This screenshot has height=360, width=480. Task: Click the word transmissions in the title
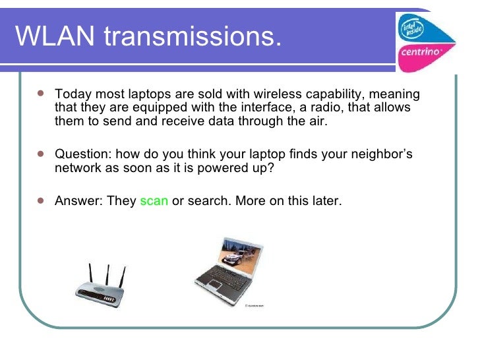coord(191,37)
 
